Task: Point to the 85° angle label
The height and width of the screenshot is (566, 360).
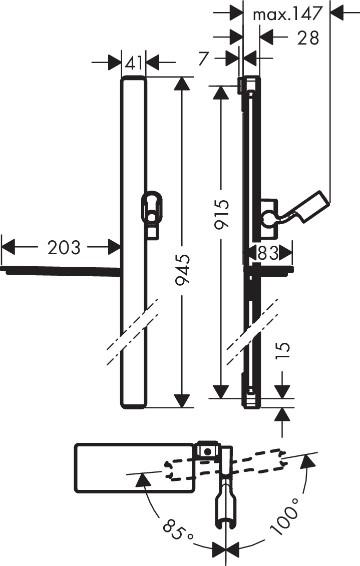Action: click(x=178, y=532)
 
